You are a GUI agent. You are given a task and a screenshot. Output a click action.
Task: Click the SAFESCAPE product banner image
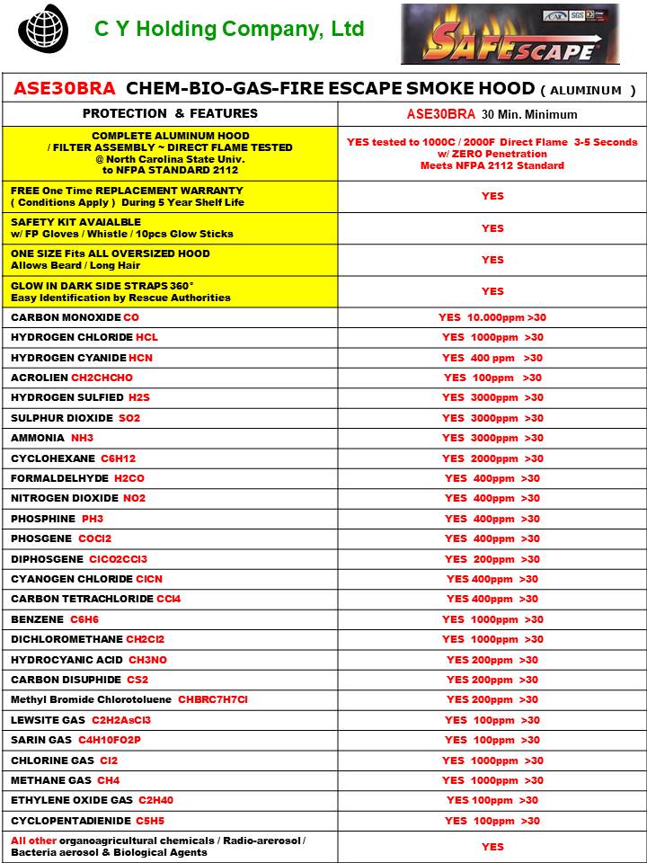(x=510, y=34)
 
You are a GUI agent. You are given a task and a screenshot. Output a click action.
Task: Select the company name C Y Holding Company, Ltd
(x=229, y=30)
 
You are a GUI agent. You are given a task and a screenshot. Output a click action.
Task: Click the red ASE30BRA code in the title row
(x=65, y=89)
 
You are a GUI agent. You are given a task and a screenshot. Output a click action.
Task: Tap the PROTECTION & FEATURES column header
(x=170, y=114)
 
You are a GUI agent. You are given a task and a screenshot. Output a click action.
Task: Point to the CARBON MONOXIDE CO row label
(x=75, y=317)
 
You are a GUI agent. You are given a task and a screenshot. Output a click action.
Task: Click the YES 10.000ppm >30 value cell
(x=492, y=317)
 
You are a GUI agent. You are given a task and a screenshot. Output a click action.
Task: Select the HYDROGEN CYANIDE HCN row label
(x=82, y=358)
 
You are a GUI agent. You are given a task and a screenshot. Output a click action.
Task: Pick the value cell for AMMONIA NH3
(x=492, y=438)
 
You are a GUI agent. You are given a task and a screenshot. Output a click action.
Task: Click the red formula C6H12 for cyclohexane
(x=118, y=458)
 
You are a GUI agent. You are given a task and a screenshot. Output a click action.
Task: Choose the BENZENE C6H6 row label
(x=55, y=619)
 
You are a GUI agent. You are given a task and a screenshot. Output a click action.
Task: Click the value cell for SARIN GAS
(x=492, y=740)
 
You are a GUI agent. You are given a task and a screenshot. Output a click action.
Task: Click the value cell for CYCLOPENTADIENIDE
(x=492, y=821)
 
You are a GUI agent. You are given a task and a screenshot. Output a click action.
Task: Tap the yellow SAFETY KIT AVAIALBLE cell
(x=170, y=227)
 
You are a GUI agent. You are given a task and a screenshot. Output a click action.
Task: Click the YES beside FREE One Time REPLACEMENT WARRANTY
(x=492, y=196)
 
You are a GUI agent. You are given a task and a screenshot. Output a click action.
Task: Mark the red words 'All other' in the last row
(x=32, y=841)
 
